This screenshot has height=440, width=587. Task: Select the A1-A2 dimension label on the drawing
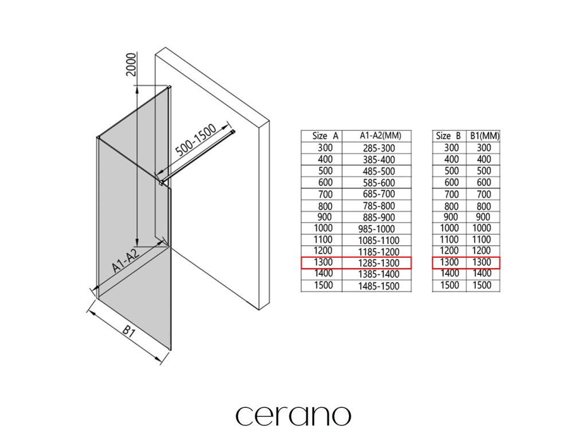[125, 261]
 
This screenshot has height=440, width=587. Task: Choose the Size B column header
[449, 136]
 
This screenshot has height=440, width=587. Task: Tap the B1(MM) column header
[484, 136]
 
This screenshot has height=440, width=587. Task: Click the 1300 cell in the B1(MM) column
[484, 262]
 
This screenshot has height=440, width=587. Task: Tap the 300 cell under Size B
[451, 148]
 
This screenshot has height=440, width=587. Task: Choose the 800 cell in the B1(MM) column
[484, 206]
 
